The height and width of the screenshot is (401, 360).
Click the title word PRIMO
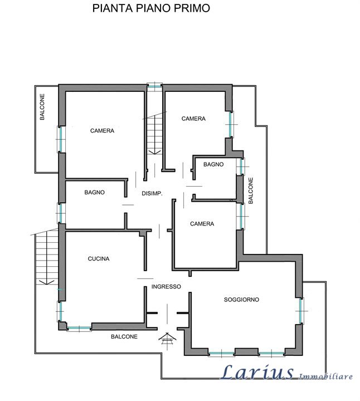192,8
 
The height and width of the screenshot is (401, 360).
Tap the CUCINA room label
99,259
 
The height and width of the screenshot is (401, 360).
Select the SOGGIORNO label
241,300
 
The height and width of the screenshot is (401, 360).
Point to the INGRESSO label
166,287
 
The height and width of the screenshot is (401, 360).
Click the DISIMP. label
152,194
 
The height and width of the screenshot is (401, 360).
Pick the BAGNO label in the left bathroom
94,192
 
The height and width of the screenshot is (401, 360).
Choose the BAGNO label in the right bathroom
213,164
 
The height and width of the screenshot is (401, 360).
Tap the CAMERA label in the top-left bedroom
102,131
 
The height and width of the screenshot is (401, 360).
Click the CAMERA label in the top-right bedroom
193,119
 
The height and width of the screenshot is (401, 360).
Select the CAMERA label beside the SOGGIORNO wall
202,224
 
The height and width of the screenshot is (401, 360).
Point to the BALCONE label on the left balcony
42,106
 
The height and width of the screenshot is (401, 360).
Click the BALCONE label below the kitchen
124,336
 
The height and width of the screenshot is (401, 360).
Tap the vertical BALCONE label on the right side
251,190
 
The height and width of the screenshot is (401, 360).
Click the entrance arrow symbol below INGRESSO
167,341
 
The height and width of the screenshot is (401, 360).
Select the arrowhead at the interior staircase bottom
154,152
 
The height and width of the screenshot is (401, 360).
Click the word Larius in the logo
257,373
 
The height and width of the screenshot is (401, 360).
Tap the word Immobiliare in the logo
325,376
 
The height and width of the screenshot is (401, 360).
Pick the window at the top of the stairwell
154,86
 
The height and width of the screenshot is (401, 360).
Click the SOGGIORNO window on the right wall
301,311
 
